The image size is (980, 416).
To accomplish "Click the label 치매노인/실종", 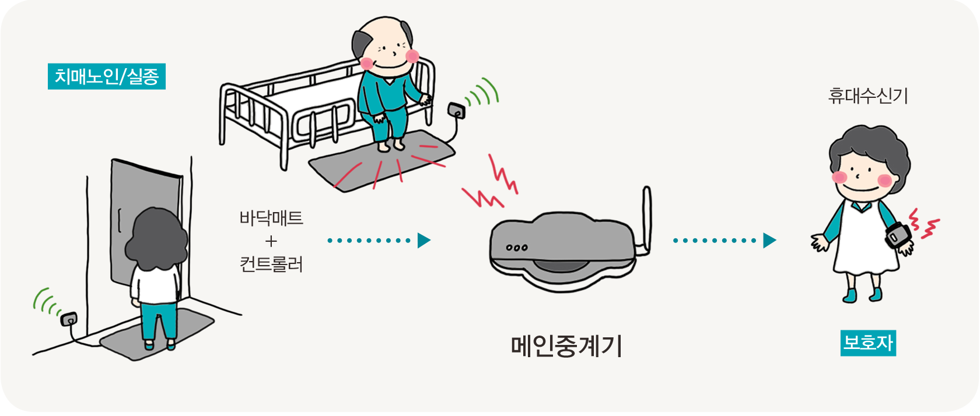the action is point(106,76).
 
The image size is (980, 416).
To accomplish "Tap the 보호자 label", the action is point(868,343).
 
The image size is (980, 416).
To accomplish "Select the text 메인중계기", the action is point(566,346).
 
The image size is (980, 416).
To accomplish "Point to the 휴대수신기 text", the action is point(868,96).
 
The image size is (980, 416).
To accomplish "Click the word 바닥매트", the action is point(271,218).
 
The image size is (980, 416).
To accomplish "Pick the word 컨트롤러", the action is point(271,265).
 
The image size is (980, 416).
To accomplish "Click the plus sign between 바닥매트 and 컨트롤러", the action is point(271,241).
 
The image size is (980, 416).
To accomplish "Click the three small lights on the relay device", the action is point(516,248).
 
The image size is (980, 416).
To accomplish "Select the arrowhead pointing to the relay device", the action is point(424,240).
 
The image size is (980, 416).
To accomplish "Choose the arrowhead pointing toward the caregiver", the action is point(770,240).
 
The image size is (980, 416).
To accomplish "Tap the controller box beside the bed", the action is point(456,110).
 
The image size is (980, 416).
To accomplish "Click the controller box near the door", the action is point(68,319).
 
